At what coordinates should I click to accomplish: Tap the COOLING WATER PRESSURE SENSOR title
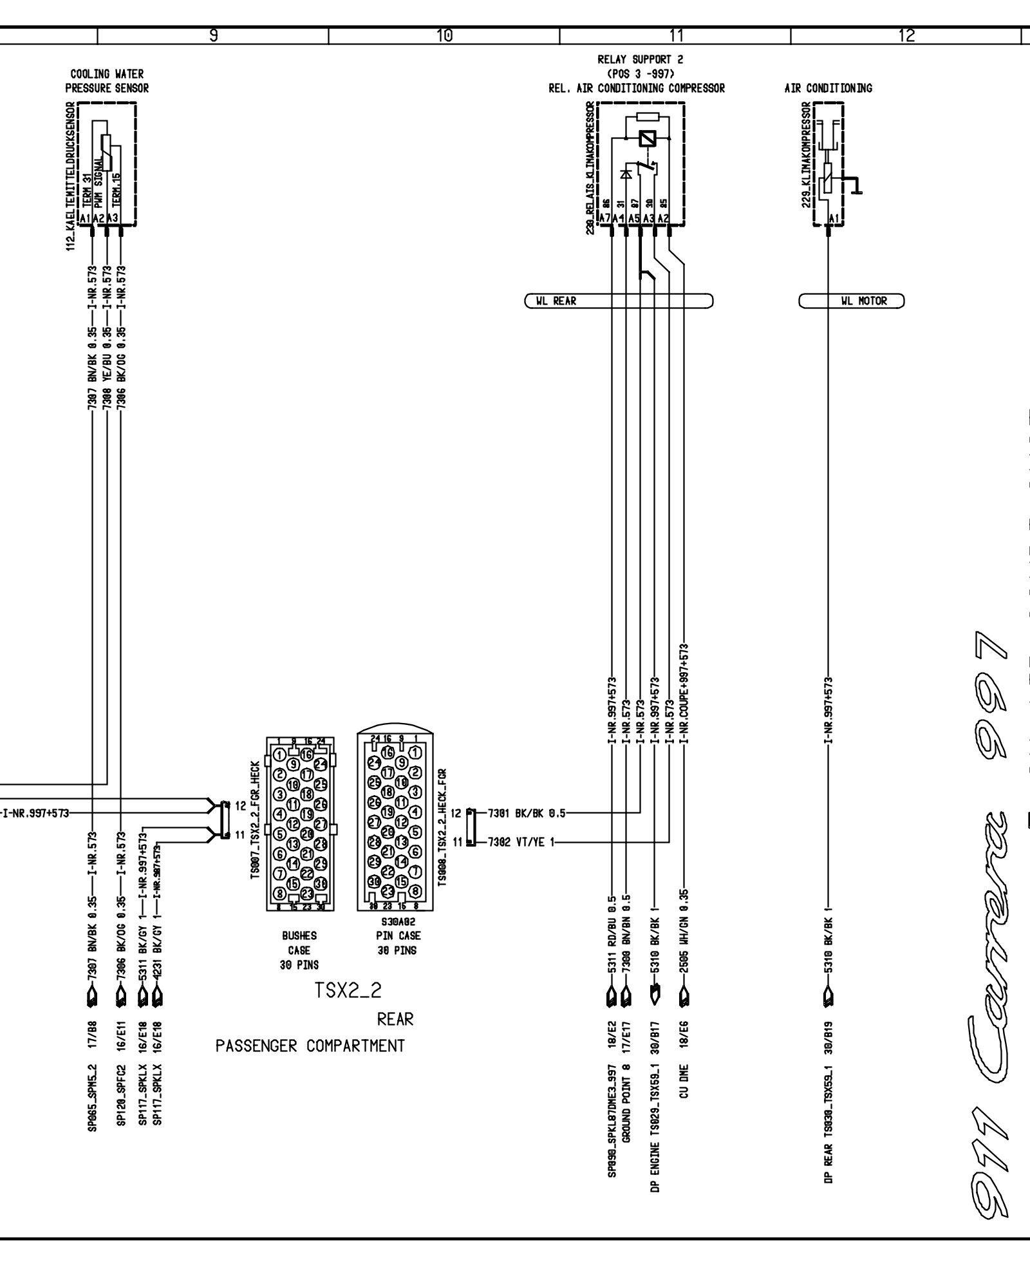click(x=107, y=82)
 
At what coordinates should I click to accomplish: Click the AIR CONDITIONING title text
click(x=828, y=88)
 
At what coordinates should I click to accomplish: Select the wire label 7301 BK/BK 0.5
click(x=526, y=812)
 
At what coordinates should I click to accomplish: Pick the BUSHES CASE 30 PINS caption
click(x=299, y=950)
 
